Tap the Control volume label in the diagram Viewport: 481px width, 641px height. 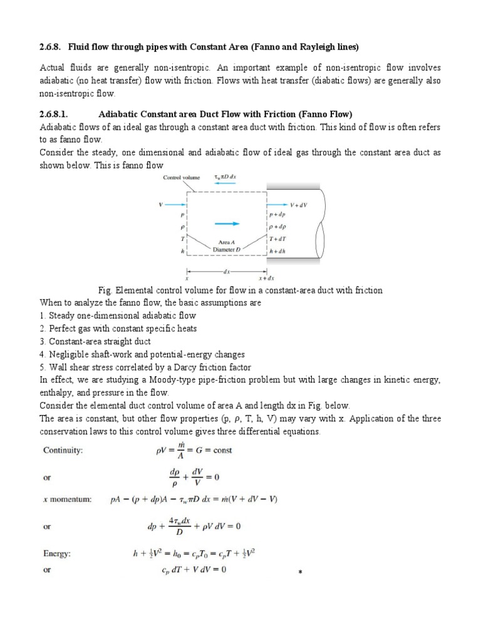click(181, 177)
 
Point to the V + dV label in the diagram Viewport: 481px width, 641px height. click(300, 205)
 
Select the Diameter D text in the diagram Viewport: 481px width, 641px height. click(225, 248)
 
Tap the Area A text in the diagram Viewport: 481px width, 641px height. click(225, 240)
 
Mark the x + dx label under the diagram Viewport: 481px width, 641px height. click(266, 277)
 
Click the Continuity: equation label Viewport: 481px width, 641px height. click(65, 450)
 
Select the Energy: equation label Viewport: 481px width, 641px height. click(59, 553)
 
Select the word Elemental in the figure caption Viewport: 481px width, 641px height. click(133, 290)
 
